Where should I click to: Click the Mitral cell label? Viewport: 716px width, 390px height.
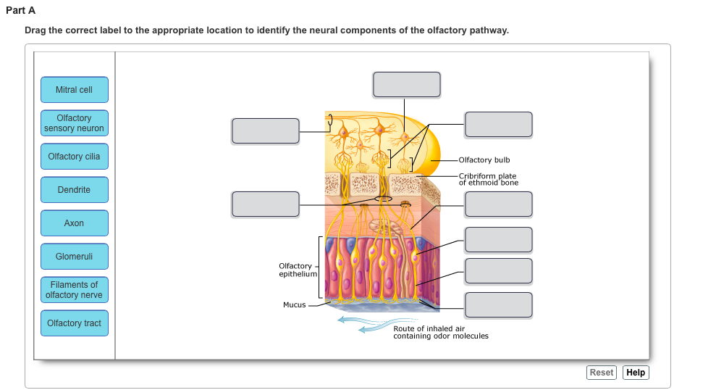click(75, 90)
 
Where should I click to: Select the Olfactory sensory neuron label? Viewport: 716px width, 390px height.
click(75, 123)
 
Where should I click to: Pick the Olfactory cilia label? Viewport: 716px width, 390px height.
click(75, 157)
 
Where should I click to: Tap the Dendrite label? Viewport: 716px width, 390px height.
click(75, 190)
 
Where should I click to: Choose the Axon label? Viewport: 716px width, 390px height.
click(75, 223)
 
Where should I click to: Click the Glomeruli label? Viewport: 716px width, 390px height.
click(75, 257)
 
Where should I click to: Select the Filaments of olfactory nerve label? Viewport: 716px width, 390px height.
click(75, 290)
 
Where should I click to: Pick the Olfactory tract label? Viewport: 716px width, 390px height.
click(75, 323)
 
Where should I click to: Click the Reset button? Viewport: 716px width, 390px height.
click(602, 373)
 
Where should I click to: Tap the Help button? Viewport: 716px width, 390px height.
click(636, 373)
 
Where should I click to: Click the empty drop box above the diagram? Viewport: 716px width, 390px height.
click(406, 84)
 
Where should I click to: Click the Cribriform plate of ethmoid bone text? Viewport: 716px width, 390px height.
click(488, 179)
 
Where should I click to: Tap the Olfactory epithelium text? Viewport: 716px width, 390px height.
click(297, 270)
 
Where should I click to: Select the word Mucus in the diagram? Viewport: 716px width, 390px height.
click(294, 305)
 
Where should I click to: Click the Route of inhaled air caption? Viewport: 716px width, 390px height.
click(440, 332)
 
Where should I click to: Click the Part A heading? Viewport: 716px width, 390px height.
click(20, 10)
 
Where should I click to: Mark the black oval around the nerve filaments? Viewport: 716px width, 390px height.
click(384, 198)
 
